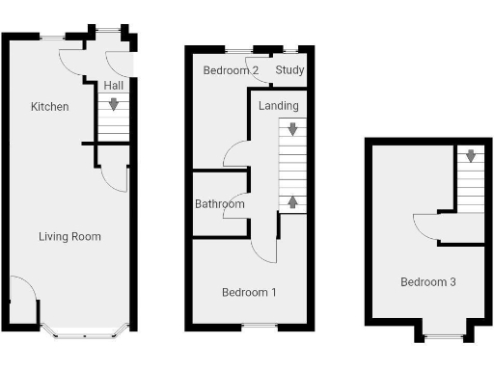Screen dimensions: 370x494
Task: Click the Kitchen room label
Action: (49, 106)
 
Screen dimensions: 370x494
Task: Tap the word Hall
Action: (113, 86)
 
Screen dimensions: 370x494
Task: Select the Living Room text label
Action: (69, 236)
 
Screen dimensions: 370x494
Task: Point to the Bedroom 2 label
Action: (231, 70)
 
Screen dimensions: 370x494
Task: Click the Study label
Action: (289, 70)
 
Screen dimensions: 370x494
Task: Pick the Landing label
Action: (279, 105)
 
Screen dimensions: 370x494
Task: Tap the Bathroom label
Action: (220, 204)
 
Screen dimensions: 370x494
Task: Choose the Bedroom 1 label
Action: (249, 292)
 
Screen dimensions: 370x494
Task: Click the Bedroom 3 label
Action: (428, 282)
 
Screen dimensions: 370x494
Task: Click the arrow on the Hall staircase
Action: (115, 104)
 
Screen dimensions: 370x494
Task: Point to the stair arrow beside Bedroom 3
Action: (470, 156)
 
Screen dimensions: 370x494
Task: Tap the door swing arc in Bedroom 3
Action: (423, 224)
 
